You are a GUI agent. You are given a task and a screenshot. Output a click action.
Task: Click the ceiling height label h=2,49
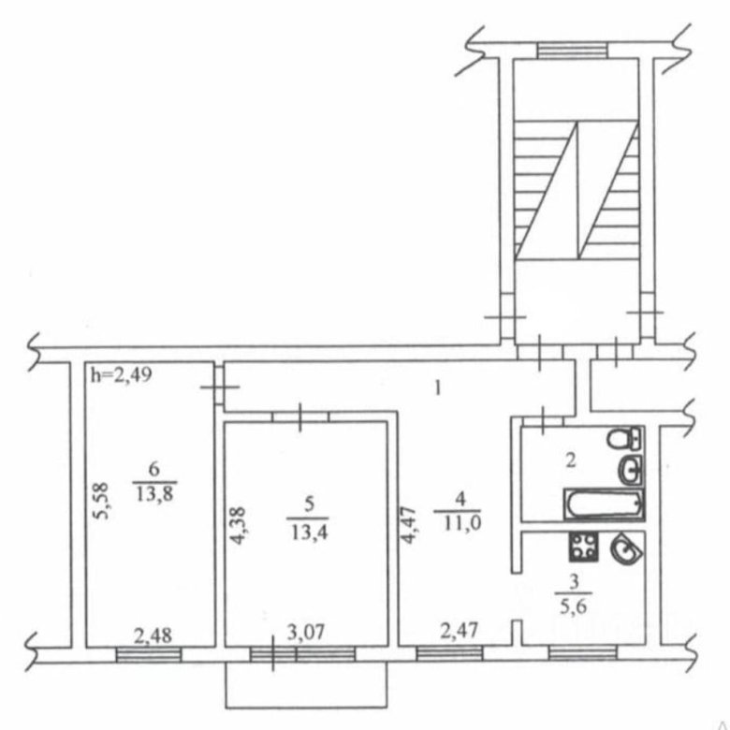(121, 374)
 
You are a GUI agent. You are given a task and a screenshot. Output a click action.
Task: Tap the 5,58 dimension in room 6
(101, 501)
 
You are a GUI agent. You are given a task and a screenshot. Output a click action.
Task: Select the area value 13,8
(155, 494)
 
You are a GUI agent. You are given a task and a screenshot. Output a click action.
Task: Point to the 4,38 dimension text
(238, 526)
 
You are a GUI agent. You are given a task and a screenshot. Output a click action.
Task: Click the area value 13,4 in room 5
(309, 532)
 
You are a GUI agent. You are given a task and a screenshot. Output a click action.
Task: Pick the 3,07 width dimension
(305, 634)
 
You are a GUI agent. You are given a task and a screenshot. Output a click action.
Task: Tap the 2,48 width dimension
(153, 636)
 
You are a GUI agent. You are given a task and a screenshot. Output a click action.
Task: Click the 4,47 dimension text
(408, 525)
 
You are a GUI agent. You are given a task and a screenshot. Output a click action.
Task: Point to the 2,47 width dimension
(459, 631)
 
